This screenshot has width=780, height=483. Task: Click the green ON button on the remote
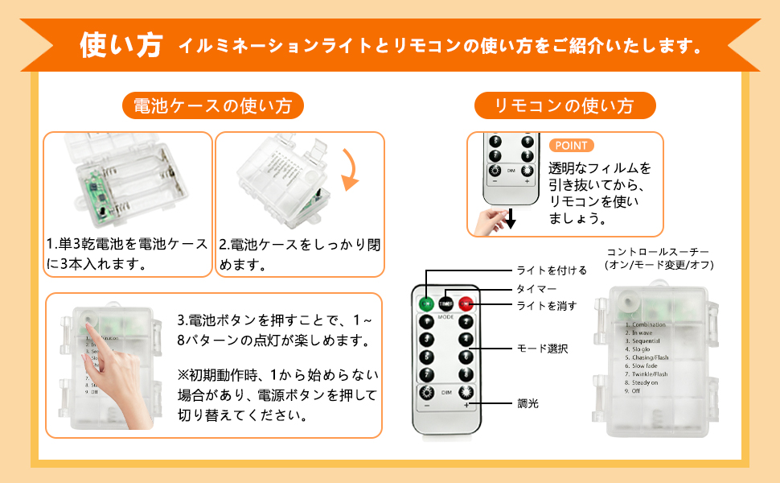[425, 304]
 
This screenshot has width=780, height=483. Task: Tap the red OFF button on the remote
[466, 304]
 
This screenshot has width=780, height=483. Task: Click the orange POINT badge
[572, 146]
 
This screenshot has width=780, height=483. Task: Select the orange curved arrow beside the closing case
[349, 169]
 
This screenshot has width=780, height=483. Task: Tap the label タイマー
[536, 288]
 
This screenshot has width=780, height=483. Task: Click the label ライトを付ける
[551, 270]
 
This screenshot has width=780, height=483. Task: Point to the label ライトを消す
[546, 305]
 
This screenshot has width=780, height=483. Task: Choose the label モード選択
[541, 349]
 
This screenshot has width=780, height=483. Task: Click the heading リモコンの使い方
[564, 105]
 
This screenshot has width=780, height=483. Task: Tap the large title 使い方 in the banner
[122, 45]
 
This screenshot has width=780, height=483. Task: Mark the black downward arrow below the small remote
[510, 218]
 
